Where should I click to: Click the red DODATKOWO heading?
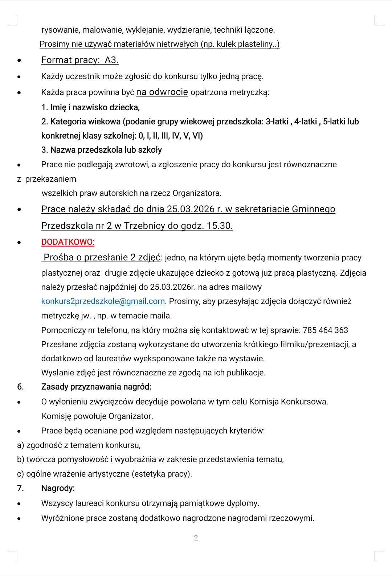click(x=68, y=242)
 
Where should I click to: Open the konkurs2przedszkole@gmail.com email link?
click(x=103, y=301)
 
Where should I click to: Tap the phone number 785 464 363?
click(x=325, y=330)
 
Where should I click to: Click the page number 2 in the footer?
click(x=196, y=538)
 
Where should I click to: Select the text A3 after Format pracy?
click(x=111, y=60)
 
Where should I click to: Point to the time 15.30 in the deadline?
click(x=219, y=226)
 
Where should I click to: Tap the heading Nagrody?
click(x=58, y=488)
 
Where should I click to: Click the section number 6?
click(x=20, y=387)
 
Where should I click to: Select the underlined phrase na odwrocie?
click(x=162, y=92)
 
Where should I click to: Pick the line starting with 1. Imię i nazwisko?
click(x=90, y=107)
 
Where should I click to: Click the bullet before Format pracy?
click(x=19, y=61)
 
